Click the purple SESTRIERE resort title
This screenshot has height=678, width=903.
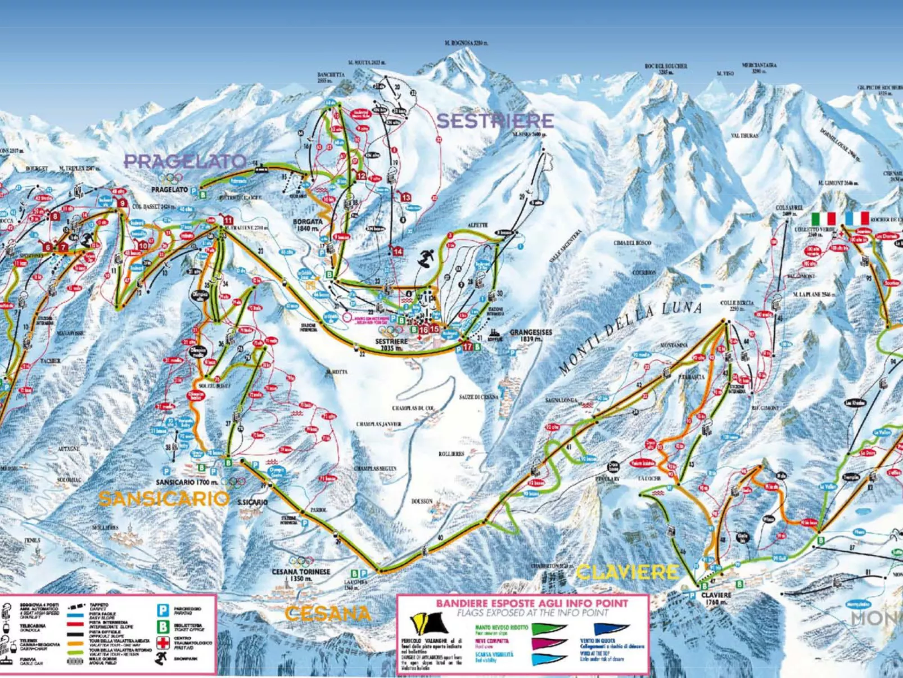495,120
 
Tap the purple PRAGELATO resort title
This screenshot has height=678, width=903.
184,161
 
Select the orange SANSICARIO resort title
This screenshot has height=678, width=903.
164,499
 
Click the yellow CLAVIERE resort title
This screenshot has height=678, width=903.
627,572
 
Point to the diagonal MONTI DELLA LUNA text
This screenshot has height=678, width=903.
631,338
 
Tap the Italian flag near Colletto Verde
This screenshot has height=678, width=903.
823,218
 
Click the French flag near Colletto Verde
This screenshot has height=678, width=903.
857,218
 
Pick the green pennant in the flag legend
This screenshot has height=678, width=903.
548,628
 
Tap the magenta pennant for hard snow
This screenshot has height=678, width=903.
548,644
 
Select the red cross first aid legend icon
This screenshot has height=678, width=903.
163,643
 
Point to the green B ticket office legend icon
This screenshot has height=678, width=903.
163,627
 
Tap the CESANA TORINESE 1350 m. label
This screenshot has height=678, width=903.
301,574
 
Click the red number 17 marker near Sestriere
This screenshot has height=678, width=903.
467,347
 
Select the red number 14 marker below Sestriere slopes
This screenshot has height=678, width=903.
398,252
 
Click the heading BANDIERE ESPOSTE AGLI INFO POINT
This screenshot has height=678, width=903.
532,603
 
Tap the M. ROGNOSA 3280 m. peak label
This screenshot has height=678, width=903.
466,43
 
